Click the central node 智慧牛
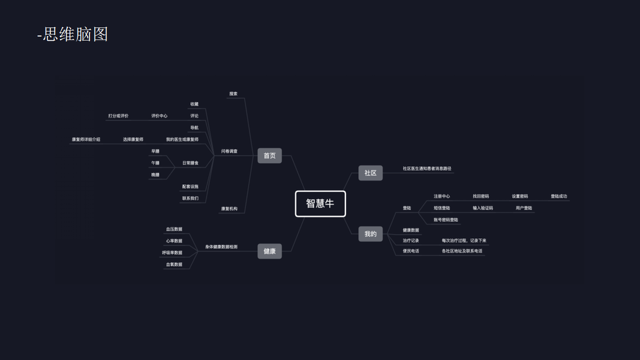pos(320,203)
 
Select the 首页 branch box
pos(269,155)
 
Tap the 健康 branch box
pos(269,251)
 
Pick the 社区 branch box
pos(370,173)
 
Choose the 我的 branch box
pos(370,234)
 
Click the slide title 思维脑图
pos(75,34)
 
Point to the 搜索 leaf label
pos(233,94)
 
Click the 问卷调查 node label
pos(229,151)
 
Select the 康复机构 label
pos(229,209)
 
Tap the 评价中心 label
pos(159,116)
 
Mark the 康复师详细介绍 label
pos(86,139)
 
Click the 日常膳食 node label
pos(190,163)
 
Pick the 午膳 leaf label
pos(155,163)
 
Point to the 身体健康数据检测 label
pos(221,247)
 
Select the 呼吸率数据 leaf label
pos(172,253)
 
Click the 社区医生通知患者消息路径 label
pos(427,169)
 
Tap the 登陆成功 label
pos(558,196)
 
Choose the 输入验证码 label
pos(482,208)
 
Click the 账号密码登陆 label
pos(446,220)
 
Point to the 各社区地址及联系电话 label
pos(462,251)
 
